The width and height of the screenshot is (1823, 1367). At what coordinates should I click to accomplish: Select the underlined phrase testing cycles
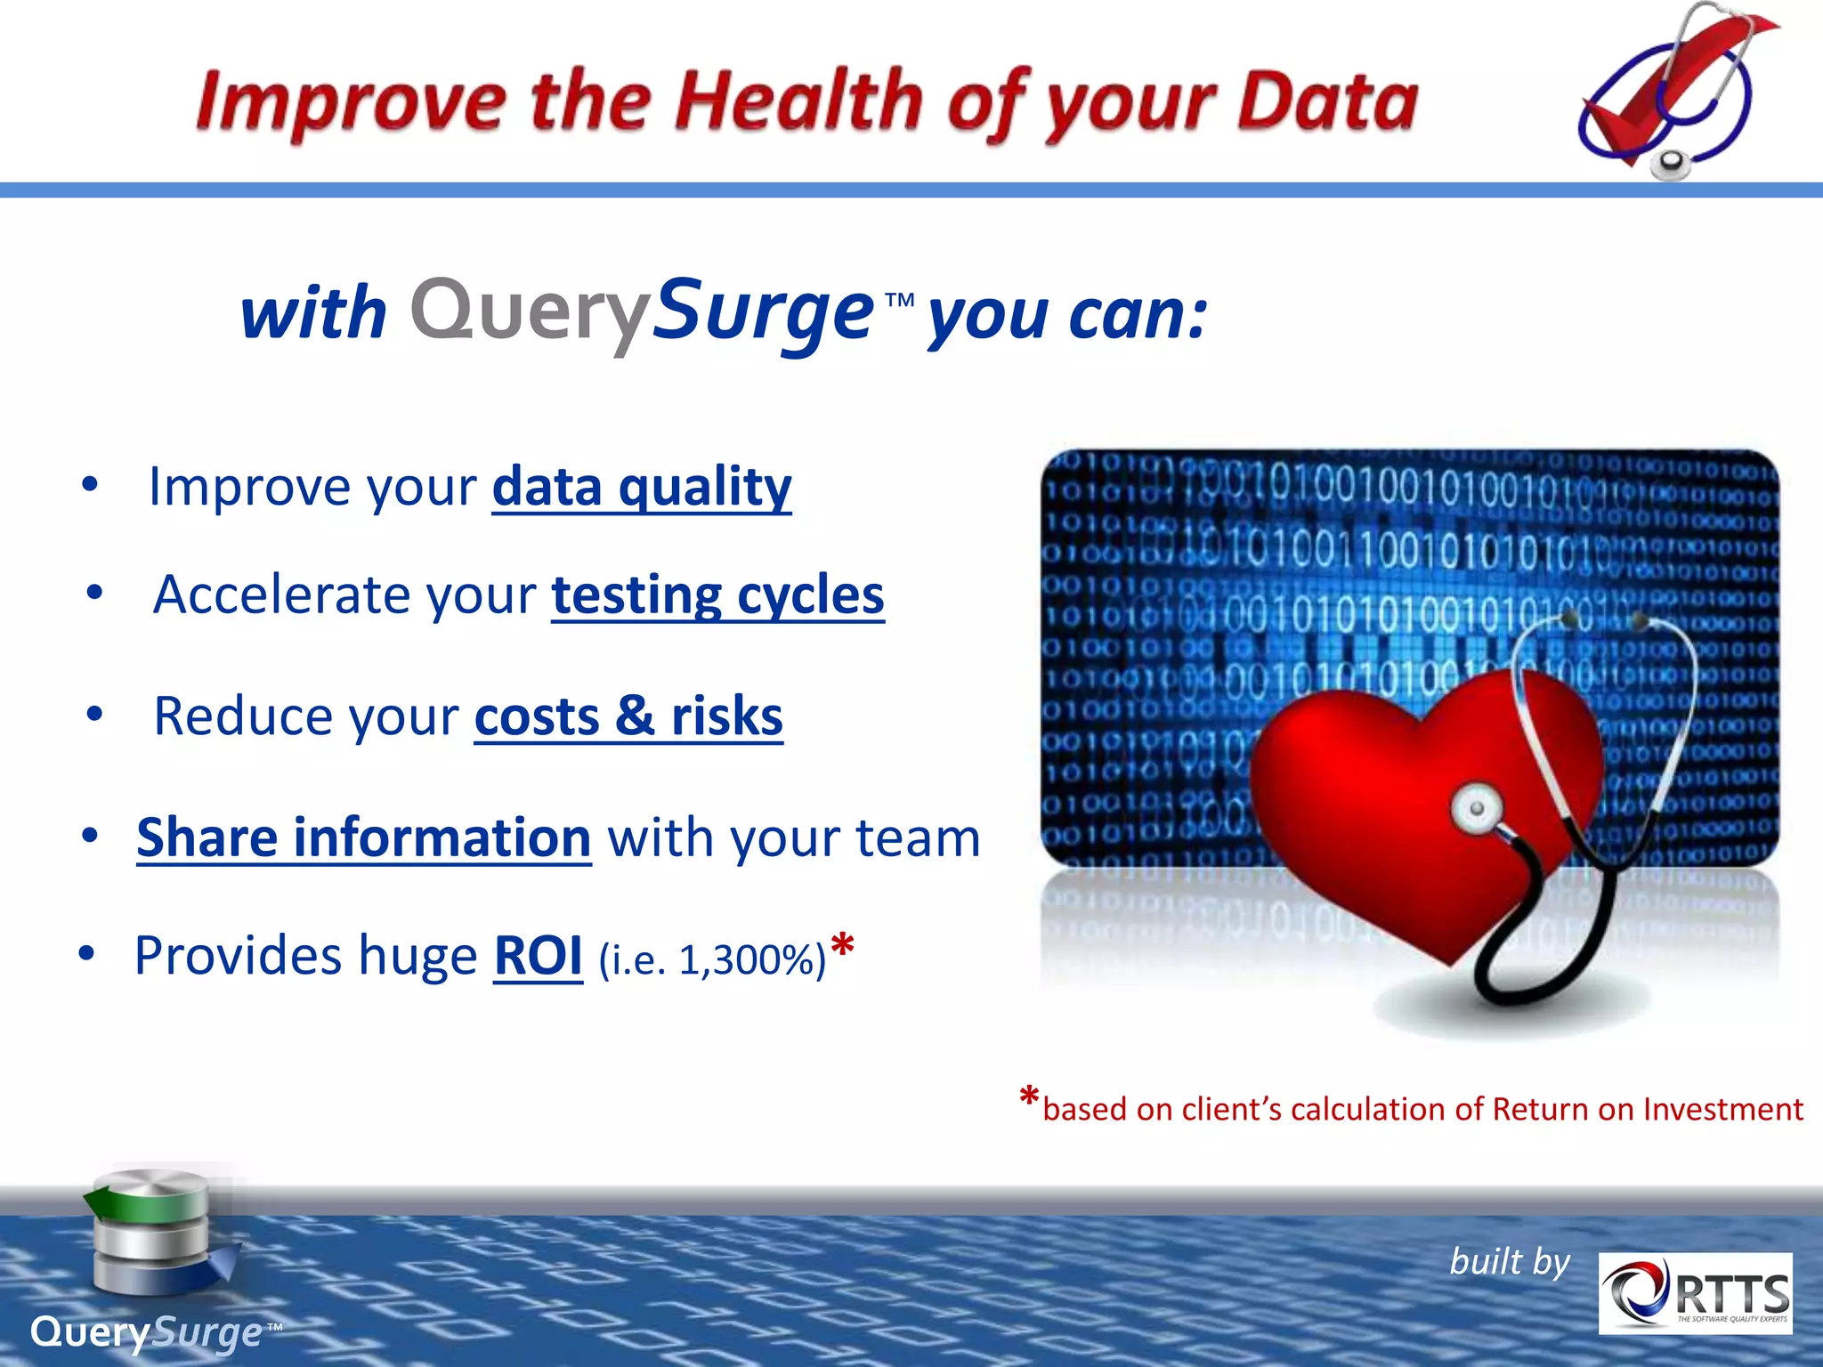pyautogui.click(x=717, y=595)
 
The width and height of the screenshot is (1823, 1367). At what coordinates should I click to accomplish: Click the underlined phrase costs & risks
pyautogui.click(x=628, y=716)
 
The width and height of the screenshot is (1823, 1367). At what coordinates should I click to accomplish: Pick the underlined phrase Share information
pyautogui.click(x=363, y=837)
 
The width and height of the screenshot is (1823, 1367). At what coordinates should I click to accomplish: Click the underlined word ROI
pyautogui.click(x=538, y=956)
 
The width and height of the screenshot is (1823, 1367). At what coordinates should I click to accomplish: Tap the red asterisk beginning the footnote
pyautogui.click(x=1029, y=1098)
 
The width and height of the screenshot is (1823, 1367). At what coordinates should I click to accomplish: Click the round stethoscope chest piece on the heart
pyautogui.click(x=1476, y=808)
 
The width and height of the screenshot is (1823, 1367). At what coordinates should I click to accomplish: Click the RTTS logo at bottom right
pyautogui.click(x=1695, y=1293)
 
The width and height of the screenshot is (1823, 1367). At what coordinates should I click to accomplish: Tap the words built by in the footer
pyautogui.click(x=1510, y=1262)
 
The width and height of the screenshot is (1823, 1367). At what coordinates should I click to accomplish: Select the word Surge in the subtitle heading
pyautogui.click(x=764, y=310)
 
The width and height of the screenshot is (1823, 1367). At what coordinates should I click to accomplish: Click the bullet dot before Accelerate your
pyautogui.click(x=95, y=593)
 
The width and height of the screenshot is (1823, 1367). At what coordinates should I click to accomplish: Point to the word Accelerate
pyautogui.click(x=284, y=595)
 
